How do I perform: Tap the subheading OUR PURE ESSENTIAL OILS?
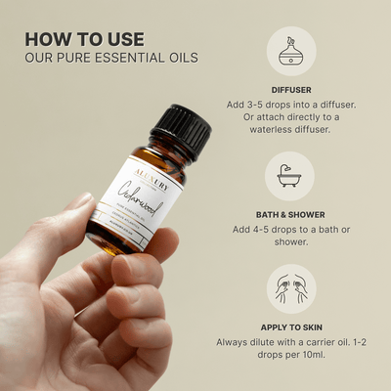111,58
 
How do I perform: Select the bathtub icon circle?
290,175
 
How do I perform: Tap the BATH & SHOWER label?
290,213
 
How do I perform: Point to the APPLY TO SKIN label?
290,328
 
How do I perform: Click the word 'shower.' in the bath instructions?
290,246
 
